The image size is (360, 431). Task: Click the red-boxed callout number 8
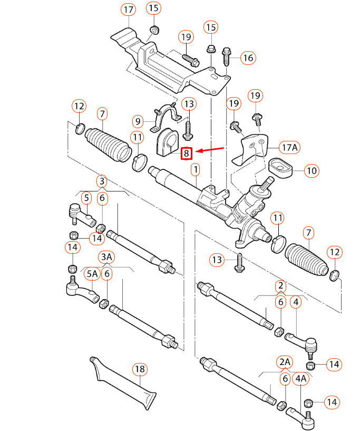(187, 153)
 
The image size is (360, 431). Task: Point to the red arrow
(210, 149)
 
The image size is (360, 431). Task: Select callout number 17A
(290, 147)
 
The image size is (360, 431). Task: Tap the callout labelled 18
(140, 369)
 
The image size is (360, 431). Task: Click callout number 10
(312, 171)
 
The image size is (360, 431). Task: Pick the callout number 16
(248, 58)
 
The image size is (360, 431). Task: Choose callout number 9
(138, 121)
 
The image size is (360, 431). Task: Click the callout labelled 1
(196, 169)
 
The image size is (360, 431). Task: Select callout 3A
(106, 257)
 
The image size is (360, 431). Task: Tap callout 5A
(92, 273)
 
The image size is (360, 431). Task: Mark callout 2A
(285, 362)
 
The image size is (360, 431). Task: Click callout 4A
(300, 378)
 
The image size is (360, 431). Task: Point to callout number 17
(128, 9)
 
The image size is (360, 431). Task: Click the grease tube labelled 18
(123, 382)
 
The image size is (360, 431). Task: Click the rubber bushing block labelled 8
(167, 142)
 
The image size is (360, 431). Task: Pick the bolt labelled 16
(226, 56)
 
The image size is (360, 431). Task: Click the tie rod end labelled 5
(81, 215)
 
